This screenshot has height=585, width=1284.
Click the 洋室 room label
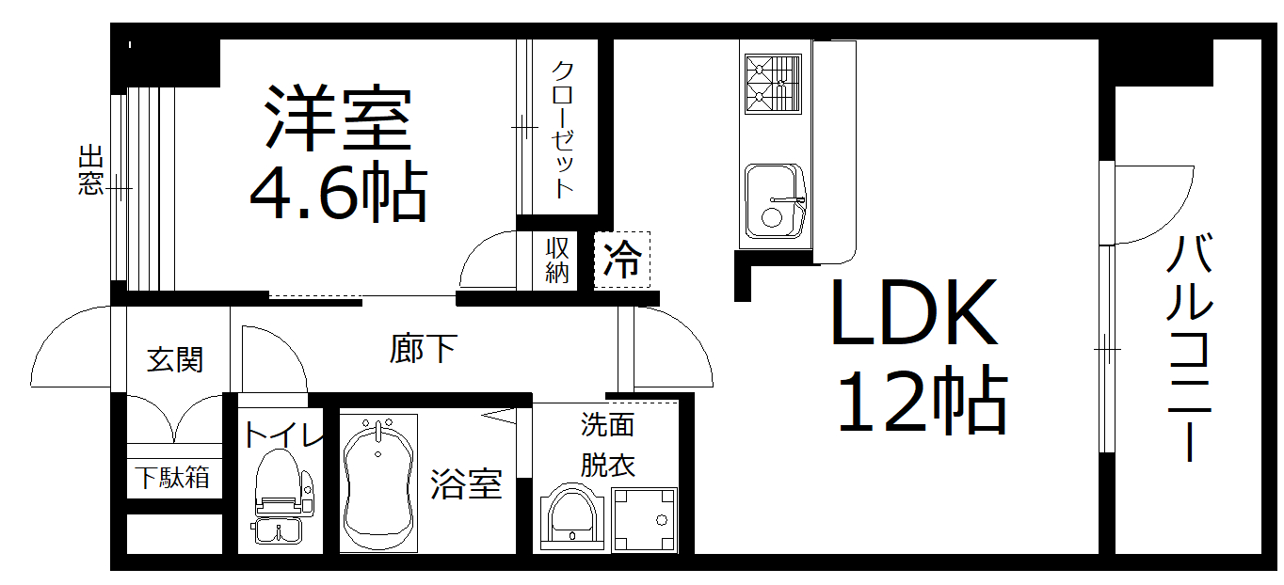pyautogui.click(x=338, y=119)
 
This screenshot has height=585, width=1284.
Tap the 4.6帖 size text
pyautogui.click(x=338, y=192)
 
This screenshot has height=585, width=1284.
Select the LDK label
pyautogui.click(x=912, y=314)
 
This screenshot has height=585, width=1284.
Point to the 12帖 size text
pyautogui.click(x=922, y=402)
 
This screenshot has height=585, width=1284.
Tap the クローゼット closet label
pyautogui.click(x=562, y=129)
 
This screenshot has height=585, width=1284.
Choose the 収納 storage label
pyautogui.click(x=557, y=261)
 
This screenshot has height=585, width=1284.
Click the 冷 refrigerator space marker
pyautogui.click(x=622, y=260)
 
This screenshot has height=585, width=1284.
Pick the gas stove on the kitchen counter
pyautogui.click(x=773, y=83)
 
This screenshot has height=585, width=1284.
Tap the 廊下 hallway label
pyautogui.click(x=423, y=350)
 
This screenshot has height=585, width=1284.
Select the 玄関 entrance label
pyautogui.click(x=175, y=359)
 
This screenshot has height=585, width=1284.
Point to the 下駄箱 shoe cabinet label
pyautogui.click(x=171, y=477)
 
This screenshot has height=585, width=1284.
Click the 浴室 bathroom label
pyautogui.click(x=466, y=484)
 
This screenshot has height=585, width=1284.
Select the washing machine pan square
pyautogui.click(x=644, y=519)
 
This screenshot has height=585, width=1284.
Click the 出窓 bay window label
pyautogui.click(x=90, y=170)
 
